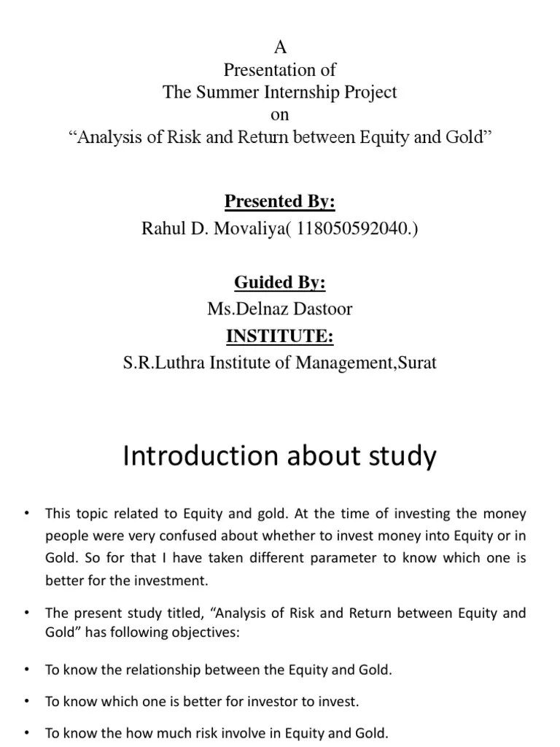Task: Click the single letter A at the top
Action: [280, 48]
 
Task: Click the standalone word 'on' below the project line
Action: [280, 115]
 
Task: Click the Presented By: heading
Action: [280, 201]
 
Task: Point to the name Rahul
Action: [161, 228]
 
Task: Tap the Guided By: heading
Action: [280, 282]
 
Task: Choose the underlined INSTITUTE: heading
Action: [280, 336]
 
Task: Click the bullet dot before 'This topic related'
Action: [27, 514]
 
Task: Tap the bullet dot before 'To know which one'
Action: [27, 702]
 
